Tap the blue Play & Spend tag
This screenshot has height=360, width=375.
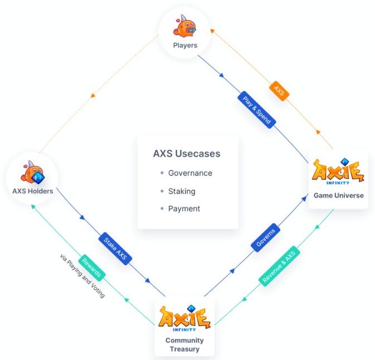point(257,109)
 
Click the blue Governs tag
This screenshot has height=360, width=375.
point(266,238)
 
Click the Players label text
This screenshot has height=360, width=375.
point(185,45)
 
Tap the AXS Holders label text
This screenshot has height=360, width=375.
point(33,191)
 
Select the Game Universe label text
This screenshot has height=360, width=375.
point(338,196)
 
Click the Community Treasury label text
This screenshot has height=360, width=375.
point(184,344)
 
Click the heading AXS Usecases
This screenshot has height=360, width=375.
point(187,153)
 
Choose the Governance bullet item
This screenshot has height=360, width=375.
point(190,173)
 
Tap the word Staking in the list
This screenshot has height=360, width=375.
point(182,191)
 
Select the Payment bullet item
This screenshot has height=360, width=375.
point(184,209)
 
